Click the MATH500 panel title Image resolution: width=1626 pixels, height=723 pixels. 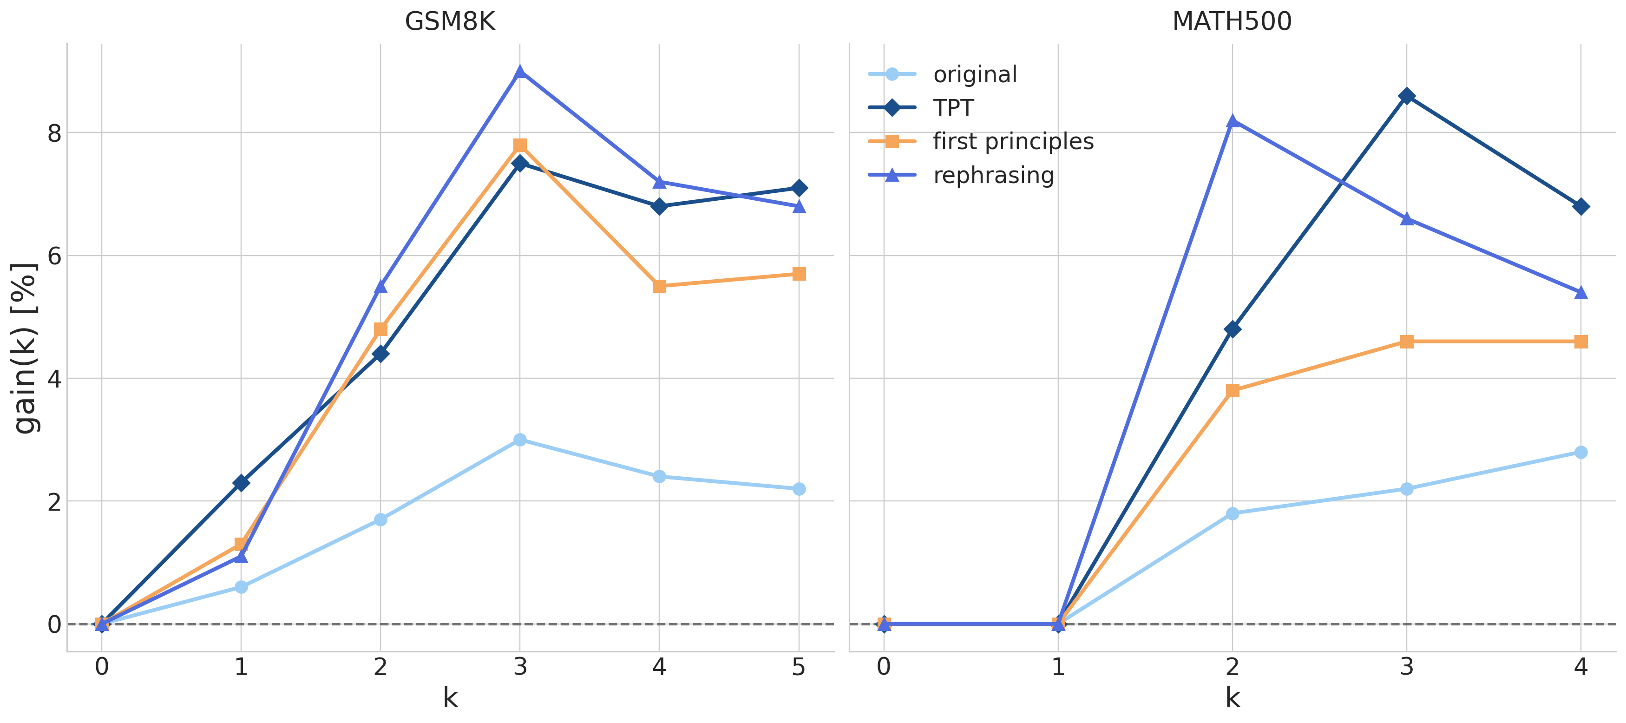[1232, 21]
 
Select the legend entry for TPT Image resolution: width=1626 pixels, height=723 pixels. [953, 108]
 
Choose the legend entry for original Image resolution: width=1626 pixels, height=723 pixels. [975, 74]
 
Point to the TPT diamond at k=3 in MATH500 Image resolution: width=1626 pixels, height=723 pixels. [1406, 96]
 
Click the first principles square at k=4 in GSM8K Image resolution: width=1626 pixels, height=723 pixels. [659, 287]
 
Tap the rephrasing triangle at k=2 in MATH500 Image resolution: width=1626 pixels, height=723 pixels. [1232, 121]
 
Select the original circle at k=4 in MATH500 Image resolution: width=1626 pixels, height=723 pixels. [1580, 452]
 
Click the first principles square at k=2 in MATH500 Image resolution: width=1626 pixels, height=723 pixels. [1232, 391]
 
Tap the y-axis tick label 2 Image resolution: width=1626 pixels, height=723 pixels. [54, 502]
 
